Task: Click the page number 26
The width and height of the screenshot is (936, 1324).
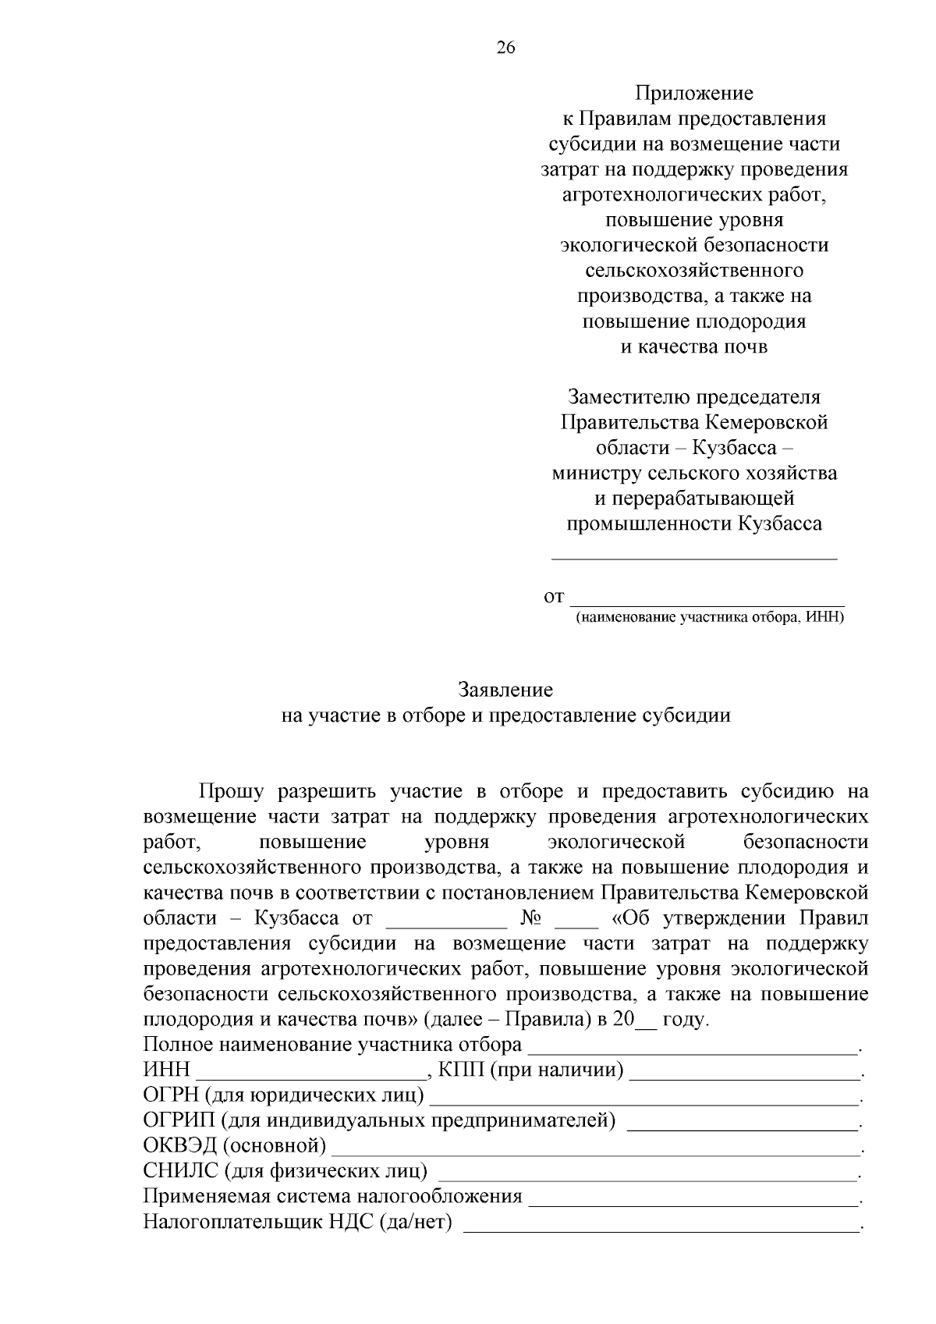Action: (x=505, y=48)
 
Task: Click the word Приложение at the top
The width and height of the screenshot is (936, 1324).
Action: (x=693, y=94)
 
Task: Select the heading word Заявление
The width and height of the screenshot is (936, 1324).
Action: (x=505, y=690)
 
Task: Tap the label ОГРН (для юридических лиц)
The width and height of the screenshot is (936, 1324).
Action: (x=284, y=1095)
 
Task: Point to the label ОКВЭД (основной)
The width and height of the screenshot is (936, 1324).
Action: (x=235, y=1146)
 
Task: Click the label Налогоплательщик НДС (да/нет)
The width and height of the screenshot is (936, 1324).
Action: (x=298, y=1222)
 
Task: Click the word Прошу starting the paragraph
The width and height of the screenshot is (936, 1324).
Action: (x=232, y=791)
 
